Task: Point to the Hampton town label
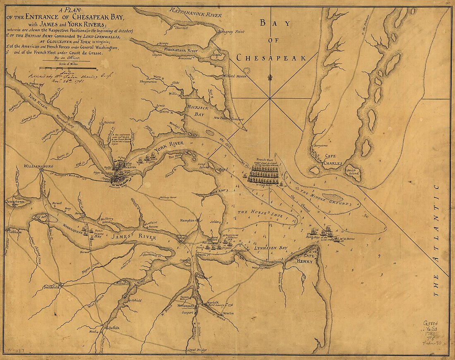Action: coord(187,221)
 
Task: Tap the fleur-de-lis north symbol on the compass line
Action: coord(270,77)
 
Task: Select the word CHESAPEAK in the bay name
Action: coord(271,58)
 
